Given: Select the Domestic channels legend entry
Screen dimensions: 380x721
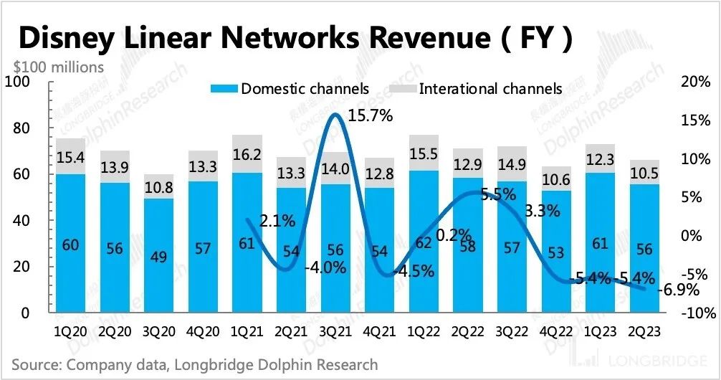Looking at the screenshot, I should tap(290, 89).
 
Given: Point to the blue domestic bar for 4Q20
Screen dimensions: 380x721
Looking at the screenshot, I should tap(204, 247).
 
